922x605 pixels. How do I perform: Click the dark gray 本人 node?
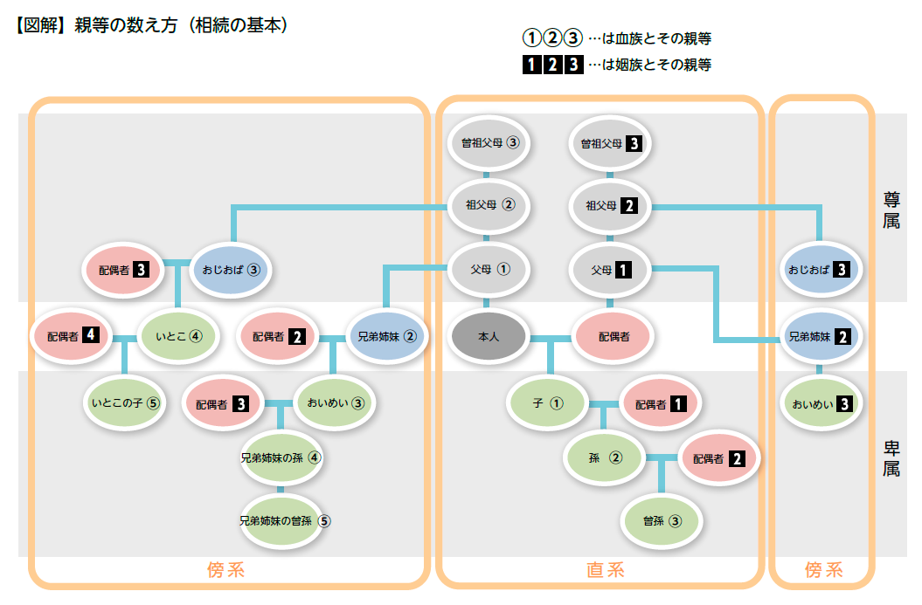coord(488,336)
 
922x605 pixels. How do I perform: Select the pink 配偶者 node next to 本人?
coord(614,336)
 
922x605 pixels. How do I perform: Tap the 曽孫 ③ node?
coord(662,521)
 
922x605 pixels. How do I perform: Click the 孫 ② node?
coord(605,457)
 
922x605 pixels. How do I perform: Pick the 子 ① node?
coord(547,403)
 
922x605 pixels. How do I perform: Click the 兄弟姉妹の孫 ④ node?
coord(281,457)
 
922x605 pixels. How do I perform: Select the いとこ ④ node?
coord(179,335)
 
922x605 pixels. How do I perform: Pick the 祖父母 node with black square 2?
coord(610,206)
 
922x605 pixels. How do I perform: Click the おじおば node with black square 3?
coord(820,270)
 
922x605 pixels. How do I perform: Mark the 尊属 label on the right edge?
coord(891,210)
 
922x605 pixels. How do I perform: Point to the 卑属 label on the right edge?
coord(891,457)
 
